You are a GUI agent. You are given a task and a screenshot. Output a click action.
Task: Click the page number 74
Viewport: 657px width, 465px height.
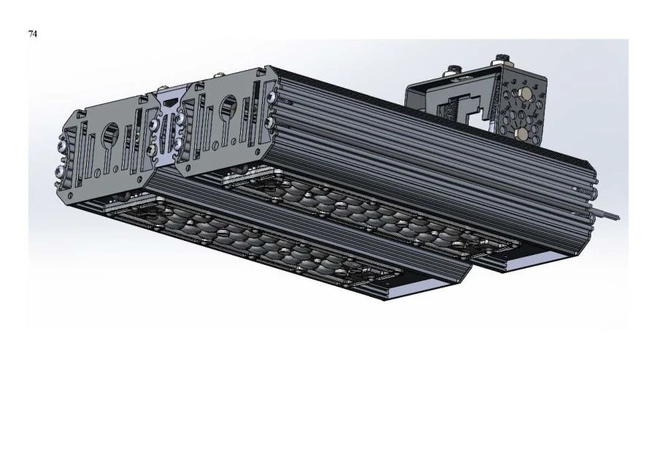[33, 34]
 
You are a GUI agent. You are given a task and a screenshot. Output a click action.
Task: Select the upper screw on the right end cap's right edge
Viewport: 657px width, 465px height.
[271, 97]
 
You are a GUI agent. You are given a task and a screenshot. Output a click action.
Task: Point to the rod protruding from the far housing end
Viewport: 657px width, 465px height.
[609, 215]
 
